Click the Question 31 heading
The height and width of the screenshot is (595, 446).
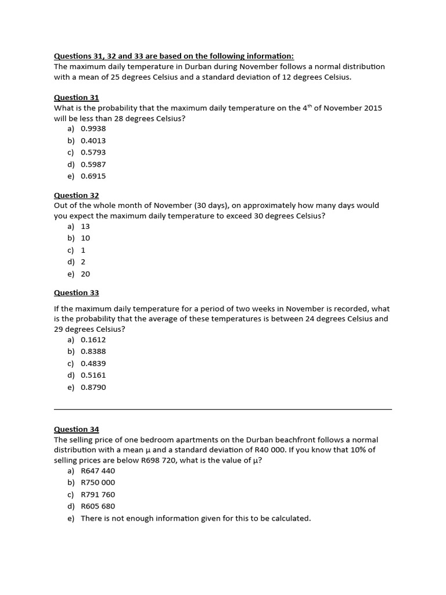tap(76, 98)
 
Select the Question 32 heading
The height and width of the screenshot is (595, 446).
tap(76, 195)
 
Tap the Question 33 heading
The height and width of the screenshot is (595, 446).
tap(76, 293)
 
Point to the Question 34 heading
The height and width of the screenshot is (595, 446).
tap(76, 429)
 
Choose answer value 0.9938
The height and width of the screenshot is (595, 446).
tap(93, 128)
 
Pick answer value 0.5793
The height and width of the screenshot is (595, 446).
tap(93, 152)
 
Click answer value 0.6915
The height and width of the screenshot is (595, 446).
tap(93, 176)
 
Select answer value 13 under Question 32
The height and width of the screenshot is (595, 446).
tap(85, 226)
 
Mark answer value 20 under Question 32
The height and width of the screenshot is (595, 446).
tap(85, 274)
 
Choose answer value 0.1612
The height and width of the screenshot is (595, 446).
tap(93, 339)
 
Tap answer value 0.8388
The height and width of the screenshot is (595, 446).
tap(93, 352)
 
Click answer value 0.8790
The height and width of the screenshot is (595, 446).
tap(93, 387)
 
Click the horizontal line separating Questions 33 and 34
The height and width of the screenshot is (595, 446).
tap(222, 409)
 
